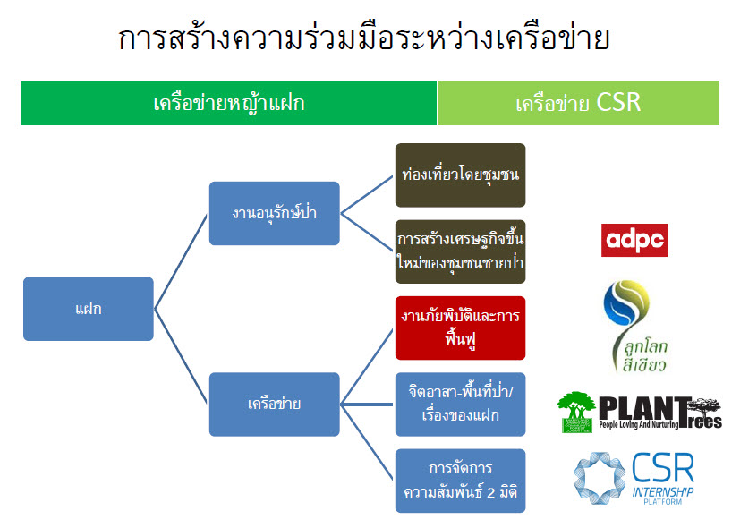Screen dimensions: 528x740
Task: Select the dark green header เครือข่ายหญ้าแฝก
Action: [228, 103]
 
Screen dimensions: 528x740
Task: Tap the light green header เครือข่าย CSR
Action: [578, 103]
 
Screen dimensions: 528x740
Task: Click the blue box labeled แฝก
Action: [88, 309]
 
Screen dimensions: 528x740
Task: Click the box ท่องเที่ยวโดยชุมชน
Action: [460, 175]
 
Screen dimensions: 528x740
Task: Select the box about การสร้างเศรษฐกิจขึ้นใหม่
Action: [460, 251]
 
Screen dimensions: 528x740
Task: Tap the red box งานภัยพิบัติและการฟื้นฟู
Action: [460, 328]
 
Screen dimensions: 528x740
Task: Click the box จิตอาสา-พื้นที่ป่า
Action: [460, 404]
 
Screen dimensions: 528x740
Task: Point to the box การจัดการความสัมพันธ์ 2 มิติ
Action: [460, 480]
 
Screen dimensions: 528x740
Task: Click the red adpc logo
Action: [634, 240]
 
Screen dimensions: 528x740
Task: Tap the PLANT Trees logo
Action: [639, 413]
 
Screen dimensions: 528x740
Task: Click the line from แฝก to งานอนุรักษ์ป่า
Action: [182, 260]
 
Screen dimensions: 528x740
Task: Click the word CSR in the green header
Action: [618, 103]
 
